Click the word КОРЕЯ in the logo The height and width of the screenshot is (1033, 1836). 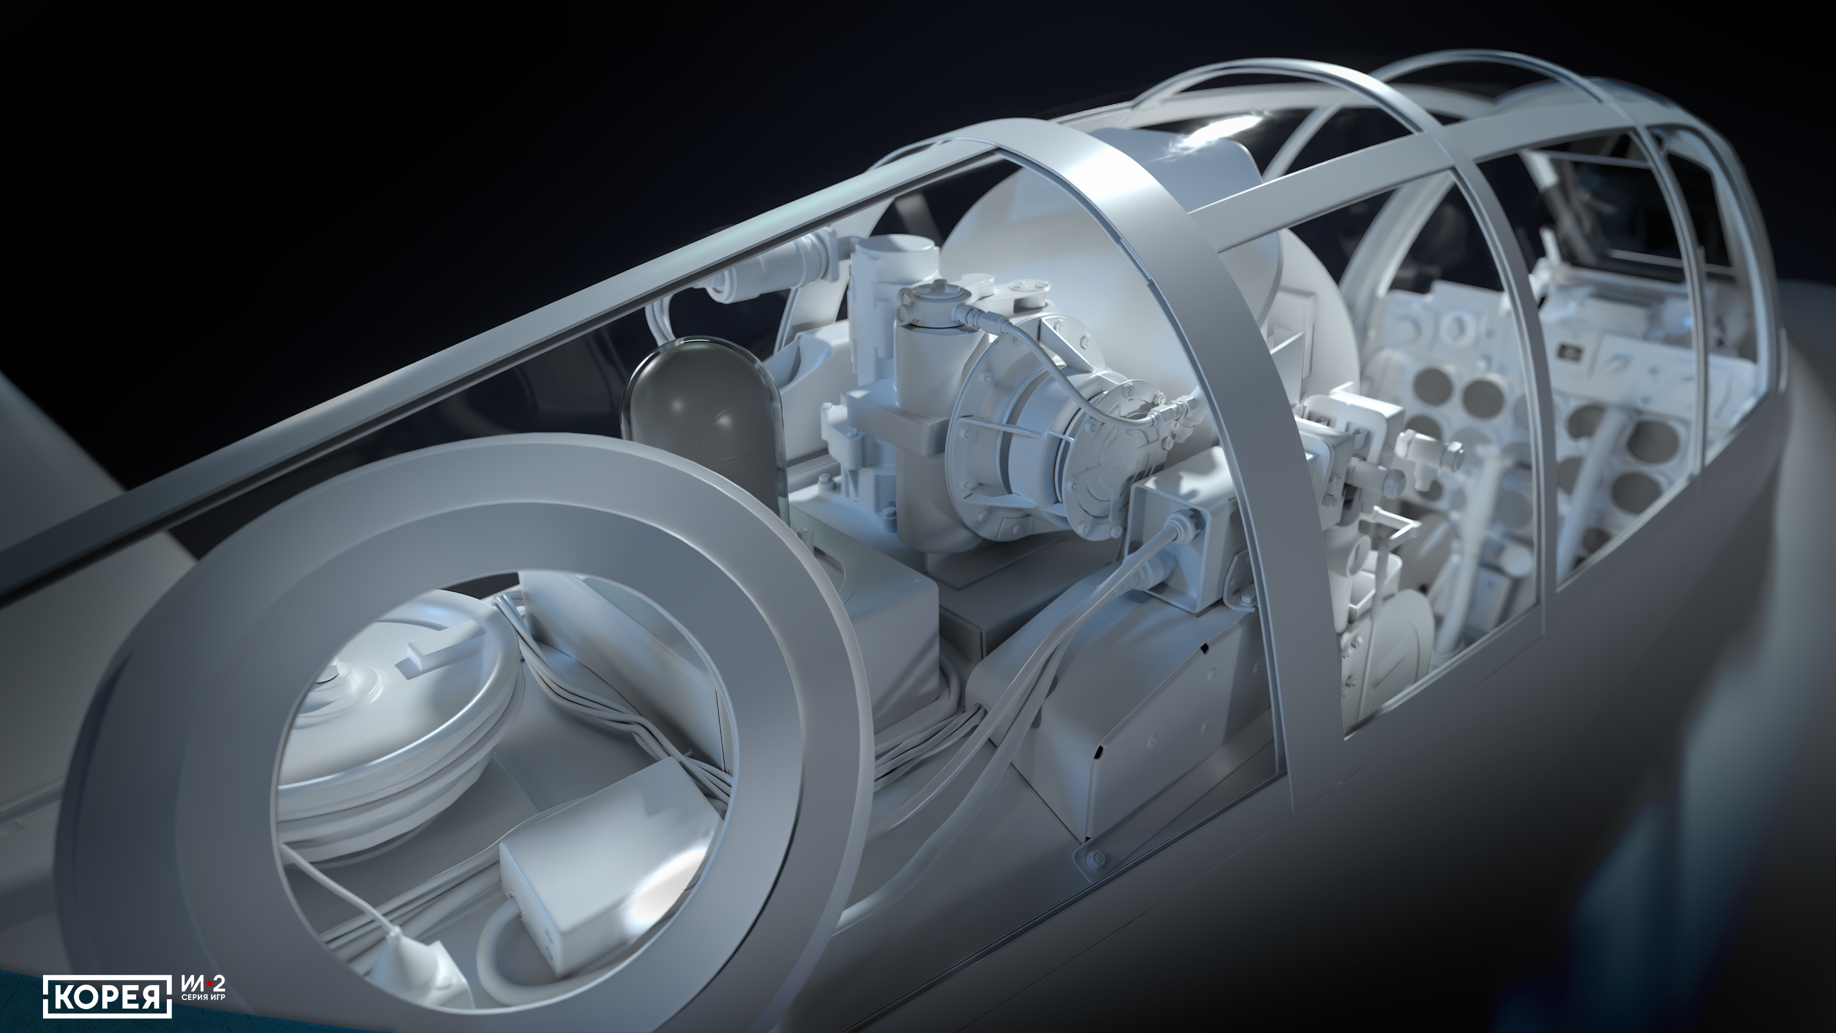107,995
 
